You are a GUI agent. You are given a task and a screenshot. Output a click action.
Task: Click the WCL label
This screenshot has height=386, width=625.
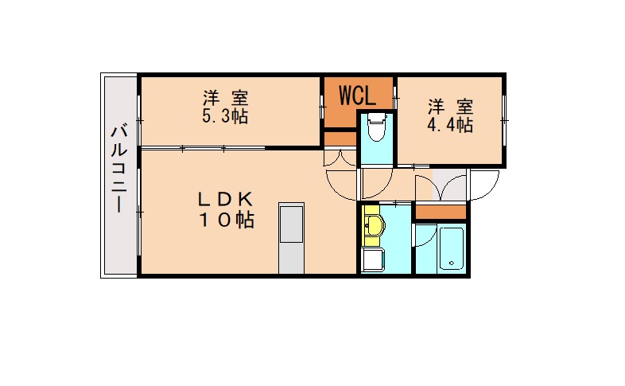(357, 96)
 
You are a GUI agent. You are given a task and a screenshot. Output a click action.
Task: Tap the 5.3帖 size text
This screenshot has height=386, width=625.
(225, 116)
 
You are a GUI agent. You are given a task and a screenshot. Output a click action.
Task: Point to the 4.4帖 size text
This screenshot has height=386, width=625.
(450, 125)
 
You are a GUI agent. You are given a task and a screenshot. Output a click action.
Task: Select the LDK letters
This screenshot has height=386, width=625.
(226, 199)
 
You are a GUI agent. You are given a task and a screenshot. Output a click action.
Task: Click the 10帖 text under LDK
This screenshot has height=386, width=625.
(227, 220)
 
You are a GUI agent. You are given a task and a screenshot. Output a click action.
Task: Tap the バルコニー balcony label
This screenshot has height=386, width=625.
(118, 168)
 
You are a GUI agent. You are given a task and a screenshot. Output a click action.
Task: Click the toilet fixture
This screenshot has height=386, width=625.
(377, 127)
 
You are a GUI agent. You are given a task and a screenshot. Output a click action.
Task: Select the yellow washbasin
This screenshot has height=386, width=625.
(373, 226)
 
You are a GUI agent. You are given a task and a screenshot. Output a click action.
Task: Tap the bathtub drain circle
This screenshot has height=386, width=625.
(452, 263)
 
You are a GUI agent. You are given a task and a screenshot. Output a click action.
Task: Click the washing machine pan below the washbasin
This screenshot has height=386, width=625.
(372, 259)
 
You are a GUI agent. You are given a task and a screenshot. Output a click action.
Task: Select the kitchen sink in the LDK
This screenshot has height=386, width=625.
(291, 223)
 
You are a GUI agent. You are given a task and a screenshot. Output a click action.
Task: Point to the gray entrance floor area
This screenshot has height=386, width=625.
(448, 185)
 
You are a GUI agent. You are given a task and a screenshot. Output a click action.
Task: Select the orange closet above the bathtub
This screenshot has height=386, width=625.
(441, 212)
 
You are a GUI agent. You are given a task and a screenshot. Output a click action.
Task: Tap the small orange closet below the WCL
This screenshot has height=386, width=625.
(340, 139)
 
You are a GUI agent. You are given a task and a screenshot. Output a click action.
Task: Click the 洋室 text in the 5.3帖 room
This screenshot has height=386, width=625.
(226, 98)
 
